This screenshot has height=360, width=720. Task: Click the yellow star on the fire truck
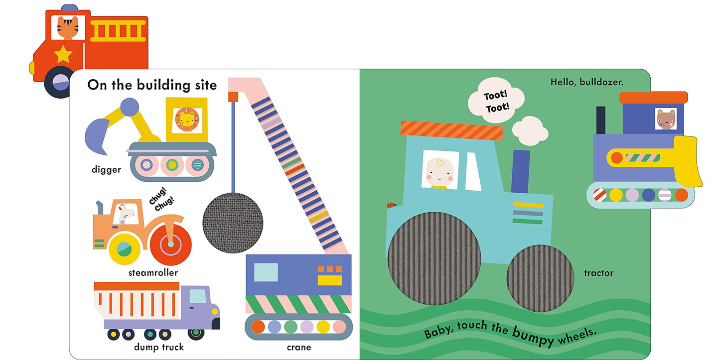coord(63,54)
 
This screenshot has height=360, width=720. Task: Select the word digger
coord(106,170)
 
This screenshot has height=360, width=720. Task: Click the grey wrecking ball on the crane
coord(233,219)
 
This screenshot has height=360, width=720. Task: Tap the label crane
coord(299,347)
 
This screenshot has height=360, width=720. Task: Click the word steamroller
coord(153,273)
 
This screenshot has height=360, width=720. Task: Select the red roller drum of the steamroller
coord(171,244)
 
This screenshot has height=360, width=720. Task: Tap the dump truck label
coord(159,347)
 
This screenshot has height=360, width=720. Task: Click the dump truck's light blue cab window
coord(198,296)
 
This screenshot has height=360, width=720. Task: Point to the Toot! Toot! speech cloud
coord(496,102)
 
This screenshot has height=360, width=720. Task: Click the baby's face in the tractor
coord(439,171)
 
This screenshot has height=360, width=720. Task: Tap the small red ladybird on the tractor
coord(391,205)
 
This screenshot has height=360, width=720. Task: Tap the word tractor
coord(598,273)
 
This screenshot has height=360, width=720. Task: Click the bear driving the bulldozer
coord(665,120)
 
